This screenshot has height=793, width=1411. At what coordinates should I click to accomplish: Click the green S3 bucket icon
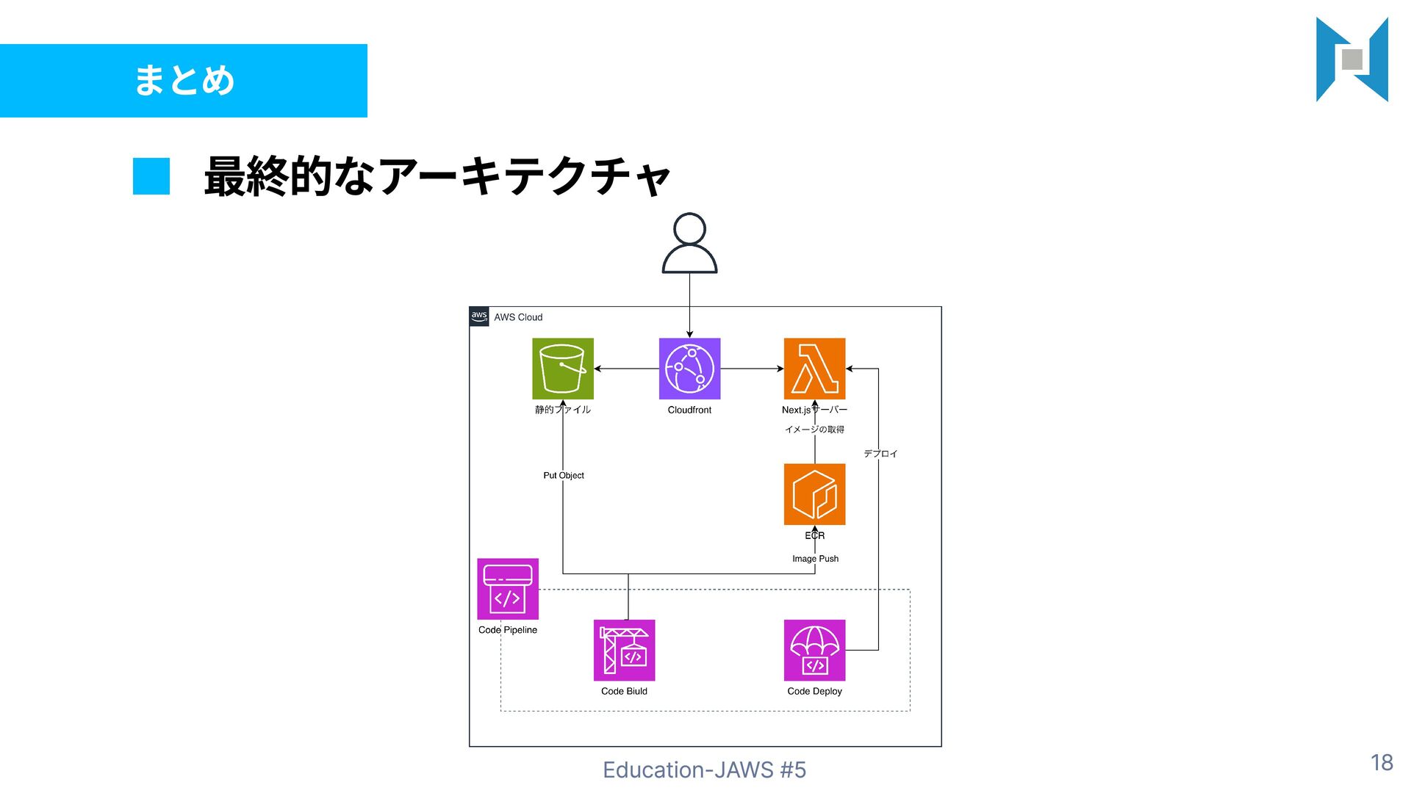coord(563,369)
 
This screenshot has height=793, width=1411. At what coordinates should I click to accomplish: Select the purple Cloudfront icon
coord(689,369)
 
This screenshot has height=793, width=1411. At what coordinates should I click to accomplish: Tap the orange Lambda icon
coord(814,369)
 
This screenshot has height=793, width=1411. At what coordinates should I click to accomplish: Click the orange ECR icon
coord(814,494)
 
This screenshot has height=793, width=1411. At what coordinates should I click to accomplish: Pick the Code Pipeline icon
coord(508,589)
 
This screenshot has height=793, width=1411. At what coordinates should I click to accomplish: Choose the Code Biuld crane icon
coord(624,651)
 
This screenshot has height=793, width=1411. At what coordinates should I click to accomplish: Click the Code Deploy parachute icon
coord(814,651)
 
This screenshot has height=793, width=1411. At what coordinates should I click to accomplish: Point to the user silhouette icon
coord(689,244)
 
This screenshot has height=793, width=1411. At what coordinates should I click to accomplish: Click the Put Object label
coord(564,476)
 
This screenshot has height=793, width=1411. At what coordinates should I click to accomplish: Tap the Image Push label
coord(815,559)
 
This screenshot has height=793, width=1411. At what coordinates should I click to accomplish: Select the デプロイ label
coord(880,454)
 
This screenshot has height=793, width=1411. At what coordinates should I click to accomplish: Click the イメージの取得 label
coord(814,430)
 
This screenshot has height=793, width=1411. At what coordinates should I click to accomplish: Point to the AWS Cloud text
coord(518,317)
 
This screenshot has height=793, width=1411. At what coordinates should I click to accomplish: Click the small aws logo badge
coord(479,316)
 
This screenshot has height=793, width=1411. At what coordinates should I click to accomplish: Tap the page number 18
coord(1382,763)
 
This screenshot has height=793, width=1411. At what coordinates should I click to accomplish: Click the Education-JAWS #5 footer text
coord(704,770)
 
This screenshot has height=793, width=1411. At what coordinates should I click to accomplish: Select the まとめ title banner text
coord(184,80)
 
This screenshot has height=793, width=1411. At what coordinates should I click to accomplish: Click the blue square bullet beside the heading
coord(151,176)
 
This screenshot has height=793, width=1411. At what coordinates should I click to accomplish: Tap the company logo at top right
coord(1352,59)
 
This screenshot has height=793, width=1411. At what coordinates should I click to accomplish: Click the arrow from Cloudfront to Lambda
coord(752,369)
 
